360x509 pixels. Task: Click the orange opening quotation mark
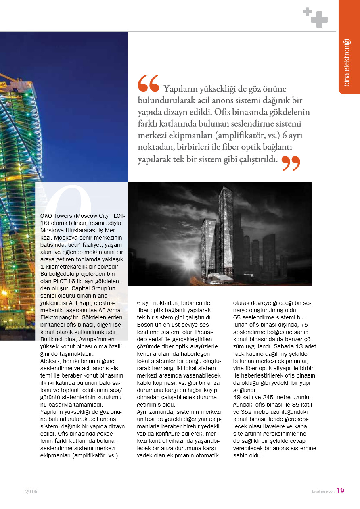pos(148,83)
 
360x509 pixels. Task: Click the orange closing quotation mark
pos(291,163)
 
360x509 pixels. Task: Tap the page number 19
pos(340,491)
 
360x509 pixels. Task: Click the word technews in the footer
pos(323,491)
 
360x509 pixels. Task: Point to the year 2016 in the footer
pos(31,491)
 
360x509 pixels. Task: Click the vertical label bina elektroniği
pos(347,63)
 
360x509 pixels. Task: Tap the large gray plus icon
pos(319,19)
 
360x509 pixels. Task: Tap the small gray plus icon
pos(308,12)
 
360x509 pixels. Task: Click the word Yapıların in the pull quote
pos(182,88)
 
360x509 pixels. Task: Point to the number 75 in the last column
pos(304,325)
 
